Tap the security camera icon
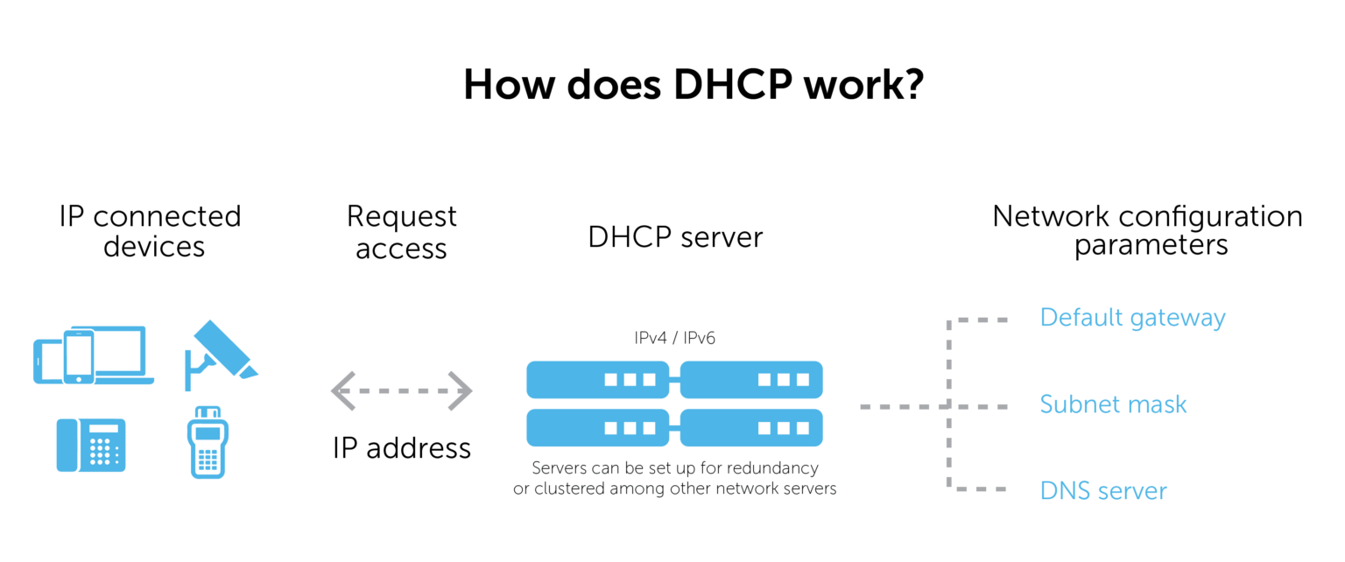tap(221, 355)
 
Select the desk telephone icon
tap(91, 445)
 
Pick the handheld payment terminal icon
tap(208, 442)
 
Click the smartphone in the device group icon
tap(79, 356)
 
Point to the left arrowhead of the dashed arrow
tap(343, 391)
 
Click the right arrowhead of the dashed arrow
tap(461, 391)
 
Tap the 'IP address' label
tap(402, 448)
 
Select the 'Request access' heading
tap(401, 232)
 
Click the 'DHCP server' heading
tap(675, 236)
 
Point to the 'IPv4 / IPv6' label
tap(674, 338)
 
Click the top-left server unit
tap(597, 379)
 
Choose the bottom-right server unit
tap(752, 427)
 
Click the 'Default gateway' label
tap(1132, 318)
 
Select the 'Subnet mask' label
tap(1113, 404)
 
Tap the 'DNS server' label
tap(1103, 490)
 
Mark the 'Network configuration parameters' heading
tap(1147, 230)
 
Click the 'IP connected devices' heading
tap(150, 231)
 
